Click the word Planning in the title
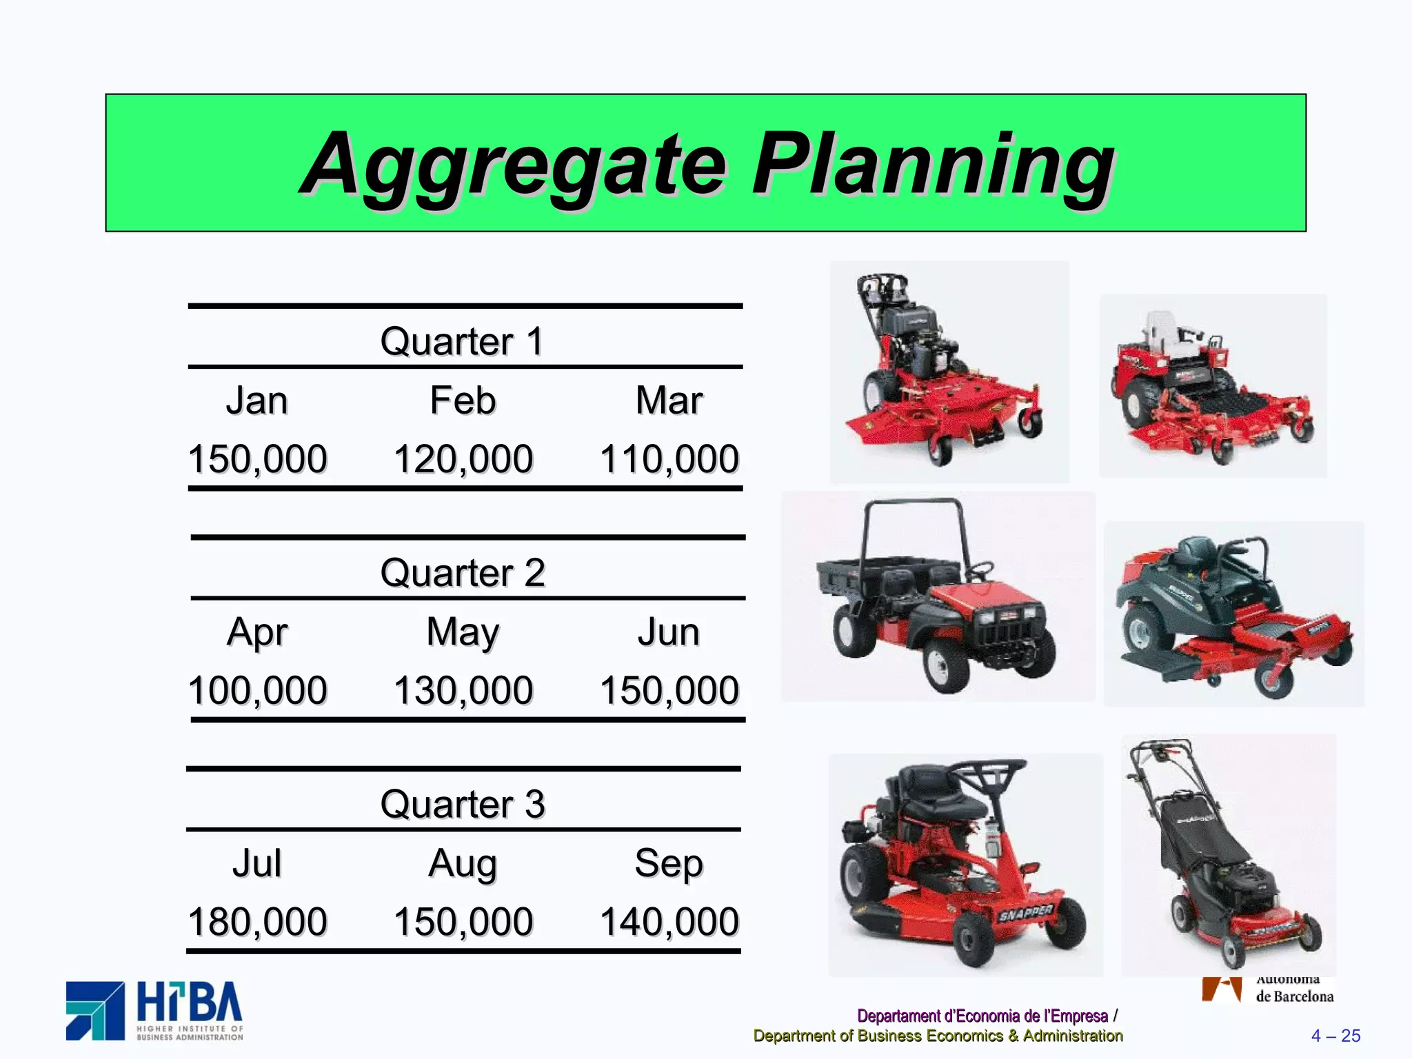pyautogui.click(x=932, y=165)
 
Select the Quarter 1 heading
pyautogui.click(x=462, y=341)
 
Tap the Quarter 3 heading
pyautogui.click(x=462, y=804)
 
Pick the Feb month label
pyautogui.click(x=463, y=401)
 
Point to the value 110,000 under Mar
pyautogui.click(x=669, y=459)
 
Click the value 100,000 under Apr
pyautogui.click(x=257, y=690)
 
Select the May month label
pyautogui.click(x=463, y=632)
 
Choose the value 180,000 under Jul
pyautogui.click(x=257, y=922)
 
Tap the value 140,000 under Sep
pyautogui.click(x=669, y=922)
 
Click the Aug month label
pyautogui.click(x=463, y=864)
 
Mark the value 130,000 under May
pyautogui.click(x=463, y=690)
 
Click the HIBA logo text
pyautogui.click(x=189, y=1003)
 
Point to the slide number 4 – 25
pyautogui.click(x=1335, y=1036)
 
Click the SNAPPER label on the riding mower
pyautogui.click(x=1025, y=913)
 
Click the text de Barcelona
pyautogui.click(x=1294, y=996)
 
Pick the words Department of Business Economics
pyautogui.click(x=878, y=1036)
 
